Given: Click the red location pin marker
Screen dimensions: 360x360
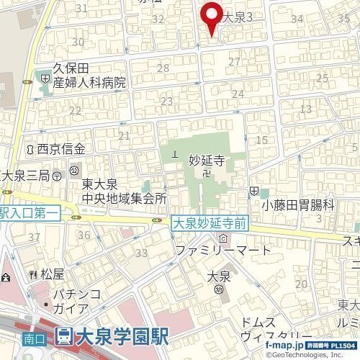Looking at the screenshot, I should point(210,16).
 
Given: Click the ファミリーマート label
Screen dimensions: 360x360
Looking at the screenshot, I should point(224,251).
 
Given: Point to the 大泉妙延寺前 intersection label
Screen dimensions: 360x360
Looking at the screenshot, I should point(210,224).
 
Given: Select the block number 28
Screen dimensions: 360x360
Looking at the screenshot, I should point(163,68).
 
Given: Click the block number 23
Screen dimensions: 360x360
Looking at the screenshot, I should point(166,102).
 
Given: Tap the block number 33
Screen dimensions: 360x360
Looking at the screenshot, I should point(141,253).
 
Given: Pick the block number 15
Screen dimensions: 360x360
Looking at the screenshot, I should point(261,140).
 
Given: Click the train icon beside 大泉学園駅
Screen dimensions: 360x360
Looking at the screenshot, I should point(63,336).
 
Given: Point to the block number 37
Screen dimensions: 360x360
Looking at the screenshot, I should point(34,237).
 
